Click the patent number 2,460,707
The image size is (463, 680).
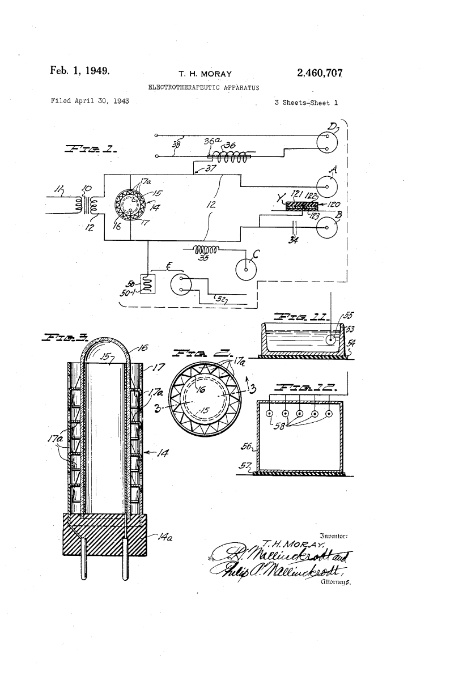[320, 73]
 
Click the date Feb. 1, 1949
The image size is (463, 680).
[79, 71]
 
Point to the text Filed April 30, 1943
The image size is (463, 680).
[90, 101]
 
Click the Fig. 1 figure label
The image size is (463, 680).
[92, 150]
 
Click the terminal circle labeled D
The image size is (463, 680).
[327, 142]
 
